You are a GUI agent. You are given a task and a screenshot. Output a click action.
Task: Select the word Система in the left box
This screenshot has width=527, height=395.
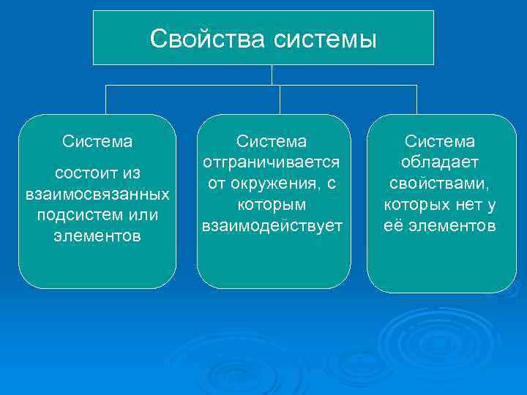coord(97,139)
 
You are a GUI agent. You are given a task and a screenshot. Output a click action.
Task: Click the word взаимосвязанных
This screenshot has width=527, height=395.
coord(97,195)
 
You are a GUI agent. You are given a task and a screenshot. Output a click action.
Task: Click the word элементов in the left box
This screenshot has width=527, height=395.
coord(97,237)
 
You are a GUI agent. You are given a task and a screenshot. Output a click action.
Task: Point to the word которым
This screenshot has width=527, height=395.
coord(273,204)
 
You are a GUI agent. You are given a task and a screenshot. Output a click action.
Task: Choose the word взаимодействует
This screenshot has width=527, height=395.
coord(273,225)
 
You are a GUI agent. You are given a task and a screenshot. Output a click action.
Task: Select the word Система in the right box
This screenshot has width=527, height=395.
coord(440,140)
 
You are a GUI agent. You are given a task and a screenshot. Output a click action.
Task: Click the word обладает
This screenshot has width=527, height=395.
coord(440,162)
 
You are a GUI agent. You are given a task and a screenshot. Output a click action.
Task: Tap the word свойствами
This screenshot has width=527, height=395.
coord(440,183)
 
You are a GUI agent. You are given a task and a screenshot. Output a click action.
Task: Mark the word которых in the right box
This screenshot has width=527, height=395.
coord(415,204)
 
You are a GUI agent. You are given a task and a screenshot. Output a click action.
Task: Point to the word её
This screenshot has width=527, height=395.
coord(393,225)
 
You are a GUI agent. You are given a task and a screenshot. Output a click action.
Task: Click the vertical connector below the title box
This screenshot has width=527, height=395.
coord(272,75)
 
